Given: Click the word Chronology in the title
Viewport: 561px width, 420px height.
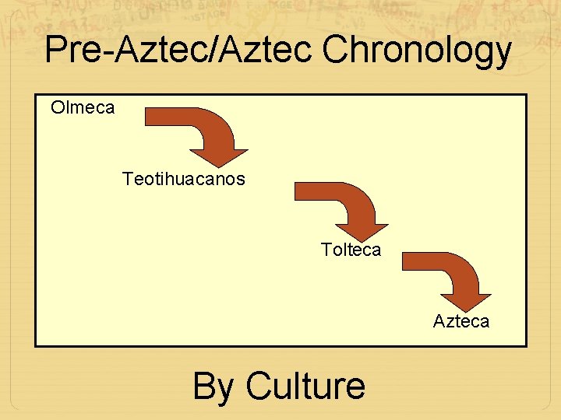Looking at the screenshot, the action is (x=416, y=51).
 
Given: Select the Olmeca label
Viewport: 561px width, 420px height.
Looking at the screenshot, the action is (x=83, y=107).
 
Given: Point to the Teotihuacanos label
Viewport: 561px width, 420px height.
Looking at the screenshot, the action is (x=183, y=179).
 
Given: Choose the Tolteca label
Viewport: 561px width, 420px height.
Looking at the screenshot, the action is (x=351, y=250).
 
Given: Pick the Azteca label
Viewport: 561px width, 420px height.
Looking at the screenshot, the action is (x=461, y=321).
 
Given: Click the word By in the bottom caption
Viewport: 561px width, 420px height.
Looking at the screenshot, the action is (x=213, y=387).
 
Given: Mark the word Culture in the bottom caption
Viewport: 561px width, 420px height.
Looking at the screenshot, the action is (x=305, y=385).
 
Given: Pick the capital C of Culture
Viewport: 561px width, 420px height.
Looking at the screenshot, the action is (x=258, y=386).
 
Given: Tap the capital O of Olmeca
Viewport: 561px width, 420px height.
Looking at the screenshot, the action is (x=58, y=107).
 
